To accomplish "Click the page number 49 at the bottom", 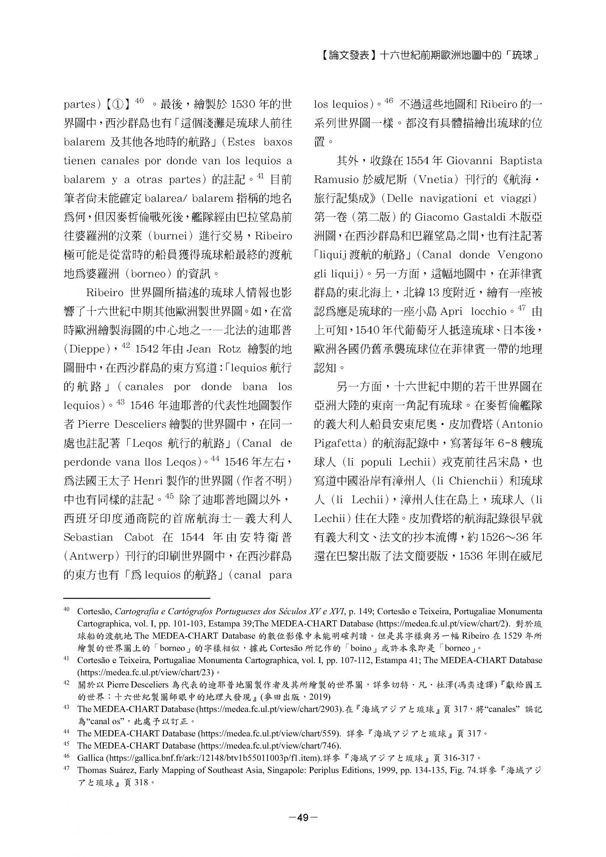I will point(303,817).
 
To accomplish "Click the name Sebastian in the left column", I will point(89,537).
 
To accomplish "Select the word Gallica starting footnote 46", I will point(90,757).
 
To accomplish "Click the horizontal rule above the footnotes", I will point(137,598).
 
